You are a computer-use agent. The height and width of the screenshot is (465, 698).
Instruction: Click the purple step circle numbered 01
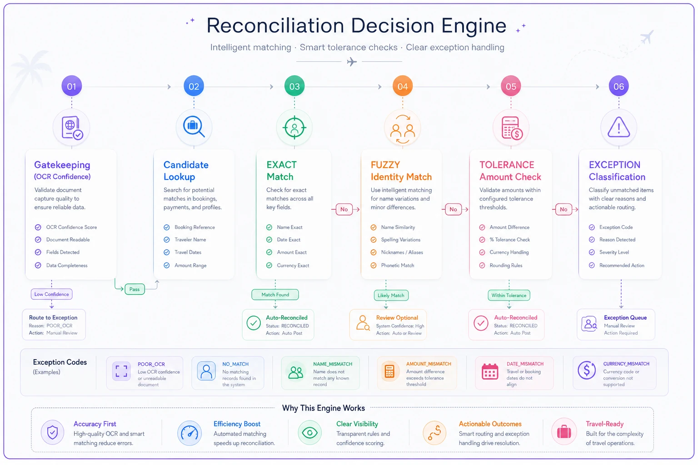tap(72, 86)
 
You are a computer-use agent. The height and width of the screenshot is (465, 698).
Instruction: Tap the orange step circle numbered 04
tap(403, 86)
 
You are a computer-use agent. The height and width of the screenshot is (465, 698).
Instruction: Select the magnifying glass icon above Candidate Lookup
tap(194, 126)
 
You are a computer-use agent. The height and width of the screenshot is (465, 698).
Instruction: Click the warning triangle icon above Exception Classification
tap(618, 127)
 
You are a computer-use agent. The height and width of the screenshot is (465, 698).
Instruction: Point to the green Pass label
tap(135, 289)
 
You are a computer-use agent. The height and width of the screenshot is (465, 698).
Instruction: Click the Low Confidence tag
tap(52, 294)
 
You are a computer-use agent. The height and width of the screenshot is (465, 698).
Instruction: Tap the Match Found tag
tap(275, 295)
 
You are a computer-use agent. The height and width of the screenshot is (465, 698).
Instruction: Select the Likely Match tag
tap(391, 295)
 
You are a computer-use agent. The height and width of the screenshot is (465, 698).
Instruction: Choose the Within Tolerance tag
tap(509, 295)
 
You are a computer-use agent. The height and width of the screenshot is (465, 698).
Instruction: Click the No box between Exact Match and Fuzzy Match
tap(344, 209)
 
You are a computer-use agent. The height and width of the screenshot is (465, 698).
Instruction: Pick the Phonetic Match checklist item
tap(393, 265)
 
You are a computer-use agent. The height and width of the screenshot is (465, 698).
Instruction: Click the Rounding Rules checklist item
tap(501, 265)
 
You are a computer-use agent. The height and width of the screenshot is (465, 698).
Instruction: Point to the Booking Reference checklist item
tap(189, 228)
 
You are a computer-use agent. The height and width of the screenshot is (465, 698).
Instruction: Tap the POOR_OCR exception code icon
tap(121, 371)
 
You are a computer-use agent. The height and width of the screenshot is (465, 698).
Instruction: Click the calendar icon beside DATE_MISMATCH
tap(490, 371)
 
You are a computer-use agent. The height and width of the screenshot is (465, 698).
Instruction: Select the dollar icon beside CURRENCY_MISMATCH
tap(587, 370)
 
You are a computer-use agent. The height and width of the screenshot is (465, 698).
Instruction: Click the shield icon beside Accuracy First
tap(52, 432)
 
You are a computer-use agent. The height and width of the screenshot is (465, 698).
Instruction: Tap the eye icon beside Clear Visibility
tap(310, 433)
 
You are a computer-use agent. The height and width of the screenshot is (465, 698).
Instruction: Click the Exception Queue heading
tap(625, 318)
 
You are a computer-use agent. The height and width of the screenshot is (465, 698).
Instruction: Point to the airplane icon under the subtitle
tap(352, 62)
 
